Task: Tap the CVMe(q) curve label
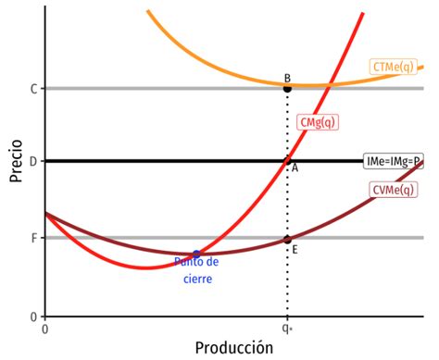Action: click(x=393, y=190)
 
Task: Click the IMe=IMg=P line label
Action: click(x=394, y=161)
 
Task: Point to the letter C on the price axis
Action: click(x=33, y=89)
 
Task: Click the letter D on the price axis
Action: click(x=33, y=162)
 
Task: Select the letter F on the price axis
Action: click(x=33, y=238)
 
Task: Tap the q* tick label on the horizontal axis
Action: click(x=287, y=327)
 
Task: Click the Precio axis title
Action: click(x=16, y=164)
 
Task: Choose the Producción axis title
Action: click(x=234, y=348)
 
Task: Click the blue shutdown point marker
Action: click(x=196, y=254)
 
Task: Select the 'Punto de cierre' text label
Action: click(x=196, y=269)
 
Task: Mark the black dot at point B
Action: click(x=287, y=89)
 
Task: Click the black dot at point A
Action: click(x=287, y=161)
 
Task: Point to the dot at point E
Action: click(x=287, y=239)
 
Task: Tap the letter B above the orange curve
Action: click(x=287, y=78)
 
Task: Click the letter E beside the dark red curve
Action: click(x=295, y=249)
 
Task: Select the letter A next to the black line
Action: click(x=295, y=168)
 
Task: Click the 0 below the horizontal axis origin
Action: click(x=45, y=328)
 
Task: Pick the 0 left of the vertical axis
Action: click(x=33, y=316)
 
